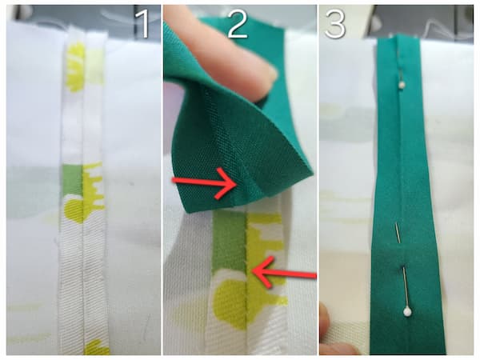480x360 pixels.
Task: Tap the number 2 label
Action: tap(238, 22)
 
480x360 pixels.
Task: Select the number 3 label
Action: tap(335, 22)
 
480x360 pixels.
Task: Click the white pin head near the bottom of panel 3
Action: tap(407, 312)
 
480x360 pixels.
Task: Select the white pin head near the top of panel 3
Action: tap(402, 84)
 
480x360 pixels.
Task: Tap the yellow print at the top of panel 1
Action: tap(76, 66)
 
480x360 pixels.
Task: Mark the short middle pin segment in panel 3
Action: tap(398, 233)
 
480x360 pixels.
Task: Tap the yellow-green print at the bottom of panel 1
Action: tap(95, 348)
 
